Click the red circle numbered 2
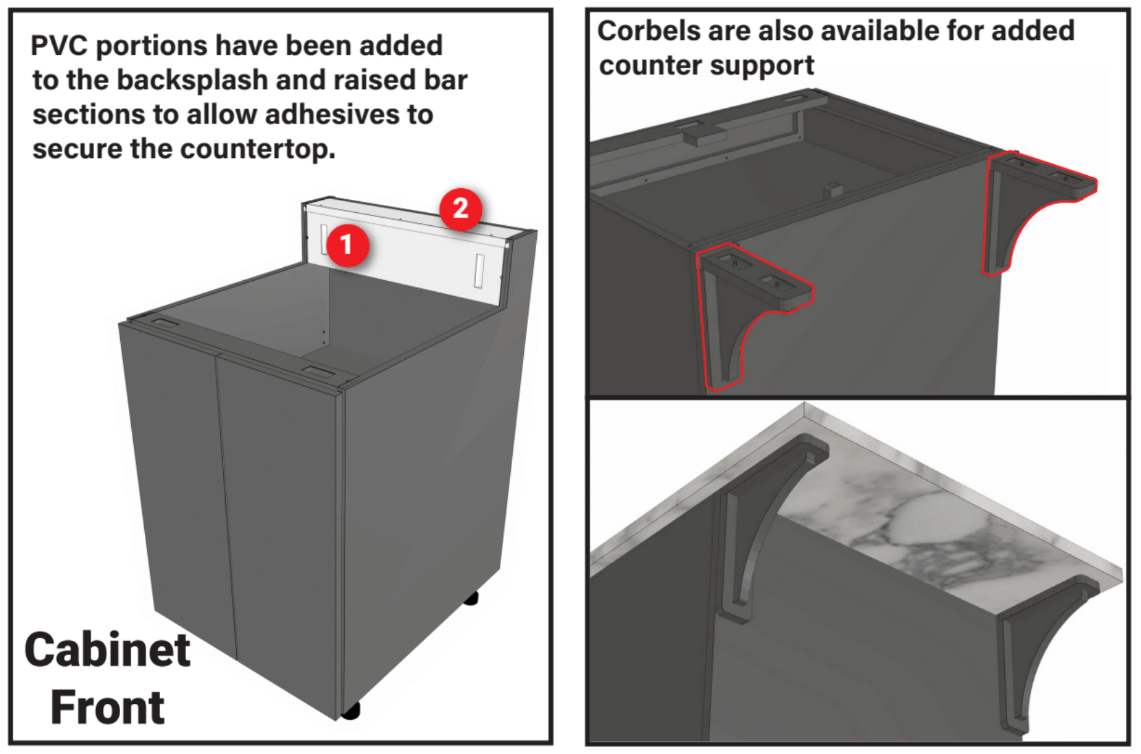[461, 209]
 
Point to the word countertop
[257, 149]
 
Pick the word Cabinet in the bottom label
[108, 650]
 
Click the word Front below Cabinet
[108, 707]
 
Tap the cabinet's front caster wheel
[351, 710]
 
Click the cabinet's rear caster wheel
[471, 598]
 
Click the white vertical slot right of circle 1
[479, 271]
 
